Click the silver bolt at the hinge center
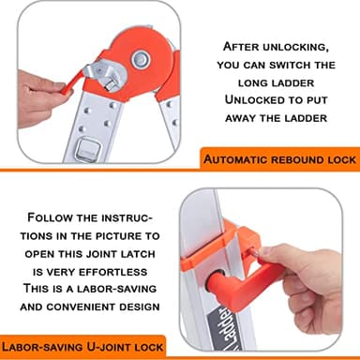pos(142,59)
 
